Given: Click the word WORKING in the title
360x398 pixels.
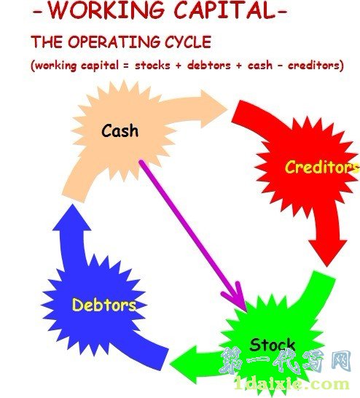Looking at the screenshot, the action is click(106, 10).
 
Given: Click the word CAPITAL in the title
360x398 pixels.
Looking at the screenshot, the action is click(224, 10).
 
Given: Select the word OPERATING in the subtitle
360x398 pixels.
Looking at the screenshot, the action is click(114, 42).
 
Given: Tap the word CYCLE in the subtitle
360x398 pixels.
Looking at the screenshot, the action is click(188, 42).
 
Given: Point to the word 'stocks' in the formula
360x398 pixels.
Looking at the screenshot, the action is click(152, 66).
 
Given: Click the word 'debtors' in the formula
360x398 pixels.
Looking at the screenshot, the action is click(209, 66).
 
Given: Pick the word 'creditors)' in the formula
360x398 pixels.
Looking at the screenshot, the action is click(316, 66).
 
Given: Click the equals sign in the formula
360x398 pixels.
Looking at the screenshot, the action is click(126, 66).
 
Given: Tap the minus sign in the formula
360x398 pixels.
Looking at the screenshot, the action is click(280, 66).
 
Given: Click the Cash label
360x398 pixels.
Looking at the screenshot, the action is click(120, 130).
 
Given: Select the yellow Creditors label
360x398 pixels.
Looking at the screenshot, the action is click(322, 167).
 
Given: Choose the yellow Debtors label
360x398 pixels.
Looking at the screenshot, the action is click(104, 305).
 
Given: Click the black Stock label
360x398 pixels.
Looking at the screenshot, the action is click(273, 345).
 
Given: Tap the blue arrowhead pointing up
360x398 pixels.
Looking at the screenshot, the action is click(72, 217).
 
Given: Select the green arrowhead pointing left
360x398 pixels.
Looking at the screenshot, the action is click(184, 364).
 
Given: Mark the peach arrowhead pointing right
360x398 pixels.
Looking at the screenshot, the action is click(214, 109).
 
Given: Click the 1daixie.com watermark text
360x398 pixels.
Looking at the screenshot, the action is click(291, 383).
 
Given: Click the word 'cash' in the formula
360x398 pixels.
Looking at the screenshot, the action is click(259, 66).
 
